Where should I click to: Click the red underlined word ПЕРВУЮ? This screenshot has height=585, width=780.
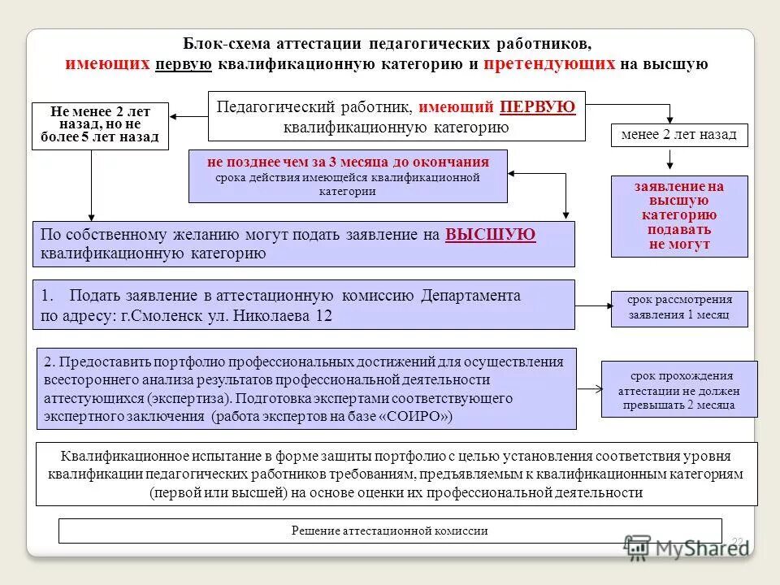538,107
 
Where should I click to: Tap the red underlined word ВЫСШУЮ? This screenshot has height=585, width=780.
491,235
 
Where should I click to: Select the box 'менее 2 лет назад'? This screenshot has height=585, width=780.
678,135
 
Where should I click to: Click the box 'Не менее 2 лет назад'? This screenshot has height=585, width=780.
100,126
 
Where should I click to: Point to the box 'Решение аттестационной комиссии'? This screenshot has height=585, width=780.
390,531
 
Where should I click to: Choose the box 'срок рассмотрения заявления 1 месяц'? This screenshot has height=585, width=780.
678,308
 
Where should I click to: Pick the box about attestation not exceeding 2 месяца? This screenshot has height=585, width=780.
678,390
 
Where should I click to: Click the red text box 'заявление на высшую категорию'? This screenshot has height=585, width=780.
679,215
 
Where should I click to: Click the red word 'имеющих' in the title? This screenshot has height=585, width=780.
107,64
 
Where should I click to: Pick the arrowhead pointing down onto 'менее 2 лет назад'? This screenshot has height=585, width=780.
669,119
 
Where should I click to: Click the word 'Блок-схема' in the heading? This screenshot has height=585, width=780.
226,44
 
